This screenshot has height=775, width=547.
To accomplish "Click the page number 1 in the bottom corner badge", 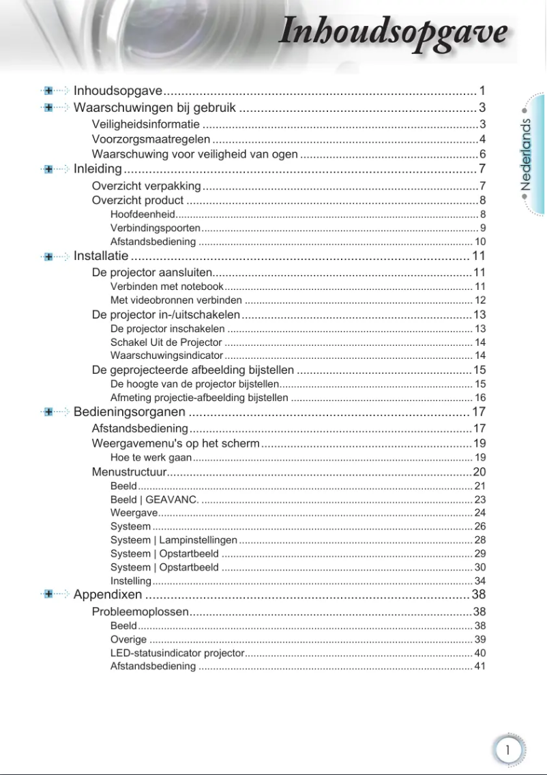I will (507, 750).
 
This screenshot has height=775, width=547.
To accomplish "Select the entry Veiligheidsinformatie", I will (146, 124).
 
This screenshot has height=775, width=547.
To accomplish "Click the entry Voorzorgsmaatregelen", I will (151, 139).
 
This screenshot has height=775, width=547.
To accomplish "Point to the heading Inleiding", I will (98, 169).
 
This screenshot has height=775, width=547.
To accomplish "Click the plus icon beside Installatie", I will (48, 257).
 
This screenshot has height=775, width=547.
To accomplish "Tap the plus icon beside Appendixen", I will (48, 594).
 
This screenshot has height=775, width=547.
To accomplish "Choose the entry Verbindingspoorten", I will (156, 228).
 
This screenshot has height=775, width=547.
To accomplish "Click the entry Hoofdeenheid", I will (143, 214).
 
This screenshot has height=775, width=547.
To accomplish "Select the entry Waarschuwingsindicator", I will (166, 355).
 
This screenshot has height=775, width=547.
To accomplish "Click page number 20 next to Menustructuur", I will (479, 472).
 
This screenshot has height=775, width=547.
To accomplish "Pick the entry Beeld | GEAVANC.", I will (155, 499).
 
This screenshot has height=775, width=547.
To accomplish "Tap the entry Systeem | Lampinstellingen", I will (174, 540).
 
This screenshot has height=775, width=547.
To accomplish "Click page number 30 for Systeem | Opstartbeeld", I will (479, 567).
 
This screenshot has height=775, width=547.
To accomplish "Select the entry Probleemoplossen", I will (140, 611).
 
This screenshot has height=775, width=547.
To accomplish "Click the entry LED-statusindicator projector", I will (177, 653).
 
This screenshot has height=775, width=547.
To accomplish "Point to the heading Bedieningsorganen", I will (129, 411).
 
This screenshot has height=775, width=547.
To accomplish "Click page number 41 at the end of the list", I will (479, 666).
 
